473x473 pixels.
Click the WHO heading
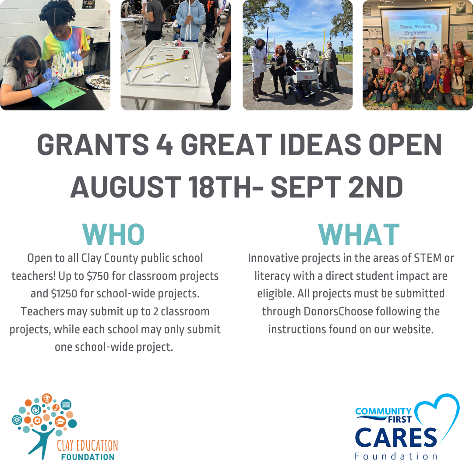point(113,234)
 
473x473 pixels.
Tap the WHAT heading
point(359,234)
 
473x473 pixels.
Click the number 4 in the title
point(164,145)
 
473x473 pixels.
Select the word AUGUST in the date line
point(126,187)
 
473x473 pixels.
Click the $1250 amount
point(64,293)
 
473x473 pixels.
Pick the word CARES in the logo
point(396,438)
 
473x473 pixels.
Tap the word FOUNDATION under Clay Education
point(88,457)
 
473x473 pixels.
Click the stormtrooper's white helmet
point(311,46)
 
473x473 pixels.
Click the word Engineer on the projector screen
point(415,32)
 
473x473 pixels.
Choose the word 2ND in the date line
point(375,187)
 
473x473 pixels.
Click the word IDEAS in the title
point(320,145)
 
